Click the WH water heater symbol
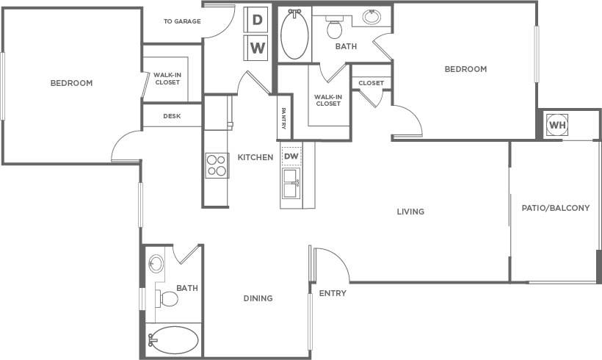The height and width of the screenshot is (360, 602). (558, 125)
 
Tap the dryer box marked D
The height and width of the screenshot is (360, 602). (257, 20)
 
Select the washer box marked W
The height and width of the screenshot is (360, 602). (257, 48)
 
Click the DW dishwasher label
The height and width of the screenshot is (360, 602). (291, 156)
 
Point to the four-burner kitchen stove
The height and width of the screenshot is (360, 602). (216, 166)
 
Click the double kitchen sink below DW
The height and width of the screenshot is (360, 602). (291, 184)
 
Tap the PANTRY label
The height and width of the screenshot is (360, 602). (283, 118)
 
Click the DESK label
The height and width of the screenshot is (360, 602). (172, 116)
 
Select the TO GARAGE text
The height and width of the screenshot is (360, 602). (182, 21)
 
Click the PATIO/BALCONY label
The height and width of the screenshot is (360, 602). (556, 208)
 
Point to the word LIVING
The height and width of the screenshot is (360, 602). (410, 212)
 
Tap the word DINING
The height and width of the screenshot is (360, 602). (258, 298)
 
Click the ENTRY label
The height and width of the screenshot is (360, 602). (333, 294)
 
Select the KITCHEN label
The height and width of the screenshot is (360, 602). (255, 157)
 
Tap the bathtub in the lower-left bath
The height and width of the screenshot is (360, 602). (174, 340)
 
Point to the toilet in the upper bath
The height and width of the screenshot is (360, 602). (335, 29)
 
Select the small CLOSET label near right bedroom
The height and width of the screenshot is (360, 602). (371, 83)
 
